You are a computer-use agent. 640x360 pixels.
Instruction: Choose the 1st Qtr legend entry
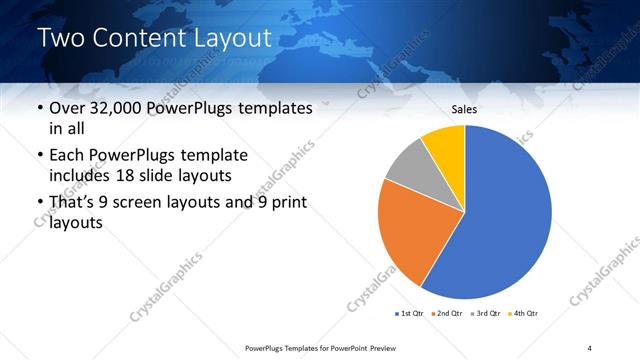tap(409, 314)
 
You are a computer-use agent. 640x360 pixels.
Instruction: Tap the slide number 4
tap(590, 347)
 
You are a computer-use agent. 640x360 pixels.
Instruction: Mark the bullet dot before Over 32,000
tap(39, 109)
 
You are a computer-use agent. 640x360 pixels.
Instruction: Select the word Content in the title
tap(136, 38)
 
